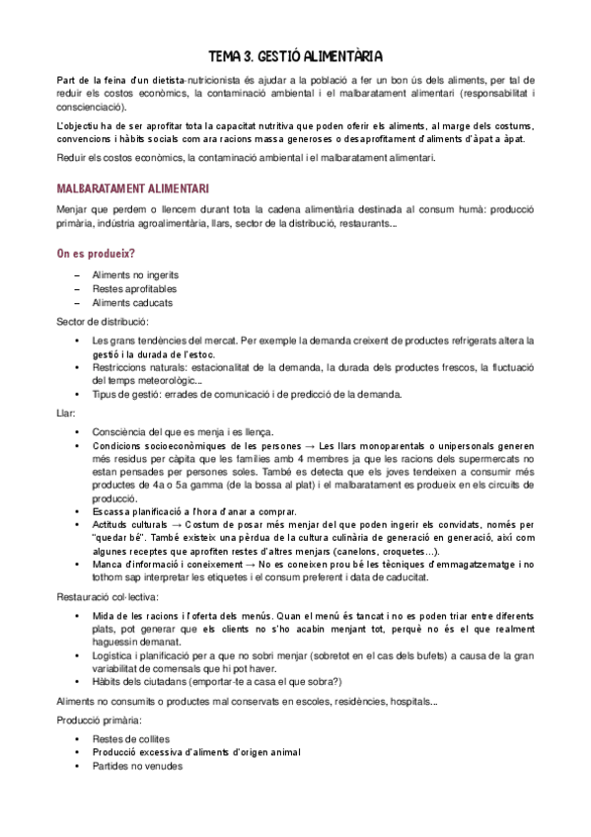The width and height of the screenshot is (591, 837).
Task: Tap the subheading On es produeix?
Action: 97,254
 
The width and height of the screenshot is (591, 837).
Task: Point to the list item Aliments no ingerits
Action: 135,275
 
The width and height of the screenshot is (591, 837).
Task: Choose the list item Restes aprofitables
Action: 134,289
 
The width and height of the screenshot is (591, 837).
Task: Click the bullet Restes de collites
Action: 132,738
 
